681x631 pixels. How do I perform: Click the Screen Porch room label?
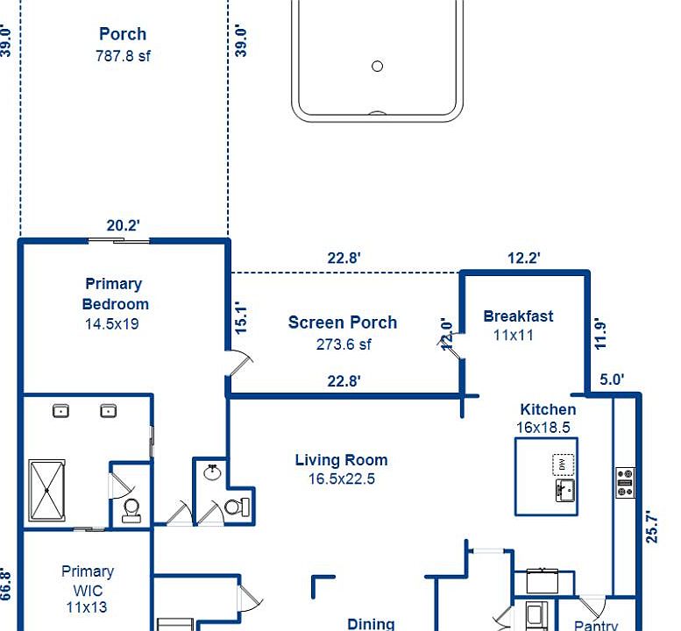pyautogui.click(x=342, y=323)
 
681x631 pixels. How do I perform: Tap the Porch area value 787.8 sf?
pyautogui.click(x=123, y=56)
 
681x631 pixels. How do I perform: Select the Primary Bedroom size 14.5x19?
pyautogui.click(x=111, y=324)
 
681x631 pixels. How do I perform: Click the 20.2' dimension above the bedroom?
pyautogui.click(x=124, y=225)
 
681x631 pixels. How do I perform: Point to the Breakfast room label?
pyautogui.click(x=518, y=316)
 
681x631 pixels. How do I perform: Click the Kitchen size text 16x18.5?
pyautogui.click(x=543, y=428)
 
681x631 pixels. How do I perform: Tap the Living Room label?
pyautogui.click(x=341, y=460)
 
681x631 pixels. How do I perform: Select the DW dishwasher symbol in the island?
pyautogui.click(x=563, y=464)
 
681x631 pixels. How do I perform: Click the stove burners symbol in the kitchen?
pyautogui.click(x=625, y=483)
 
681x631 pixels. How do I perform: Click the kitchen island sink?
pyautogui.click(x=565, y=490)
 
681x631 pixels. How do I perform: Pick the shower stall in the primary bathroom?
pyautogui.click(x=47, y=490)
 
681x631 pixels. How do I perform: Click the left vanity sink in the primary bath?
pyautogui.click(x=60, y=411)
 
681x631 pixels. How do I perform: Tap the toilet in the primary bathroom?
pyautogui.click(x=131, y=510)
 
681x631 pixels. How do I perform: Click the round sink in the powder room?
pyautogui.click(x=212, y=472)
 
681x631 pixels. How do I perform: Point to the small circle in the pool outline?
pyautogui.click(x=378, y=66)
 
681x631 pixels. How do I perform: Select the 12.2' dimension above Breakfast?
pyautogui.click(x=524, y=258)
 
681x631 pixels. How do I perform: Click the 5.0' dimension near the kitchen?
pyautogui.click(x=612, y=379)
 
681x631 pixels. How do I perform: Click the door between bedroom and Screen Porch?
pyautogui.click(x=239, y=363)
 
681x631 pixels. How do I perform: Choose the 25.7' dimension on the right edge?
pyautogui.click(x=651, y=527)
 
